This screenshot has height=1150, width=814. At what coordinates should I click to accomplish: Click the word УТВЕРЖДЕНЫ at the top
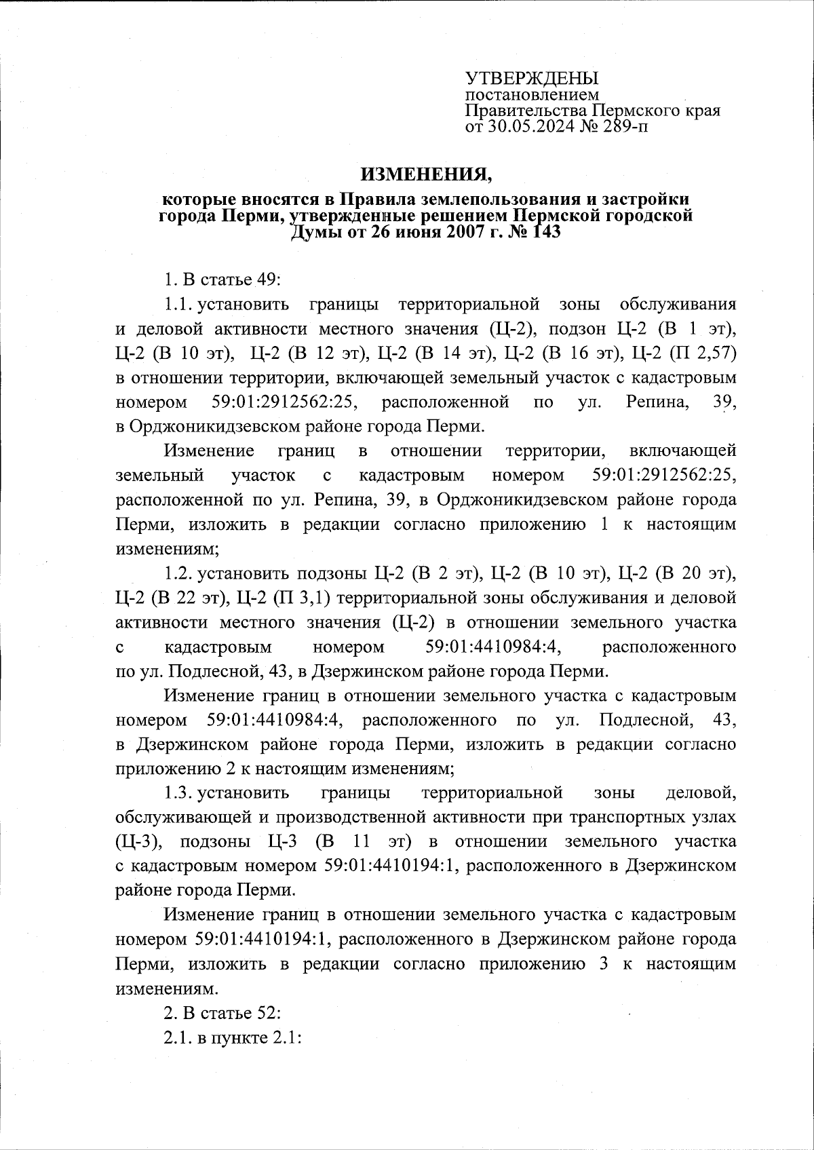(x=532, y=79)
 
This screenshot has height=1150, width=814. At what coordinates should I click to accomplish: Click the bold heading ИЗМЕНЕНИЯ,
(x=425, y=176)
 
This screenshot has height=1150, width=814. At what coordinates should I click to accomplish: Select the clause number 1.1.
(x=178, y=305)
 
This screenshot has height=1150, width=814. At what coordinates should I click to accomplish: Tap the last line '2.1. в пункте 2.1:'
(x=233, y=1039)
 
